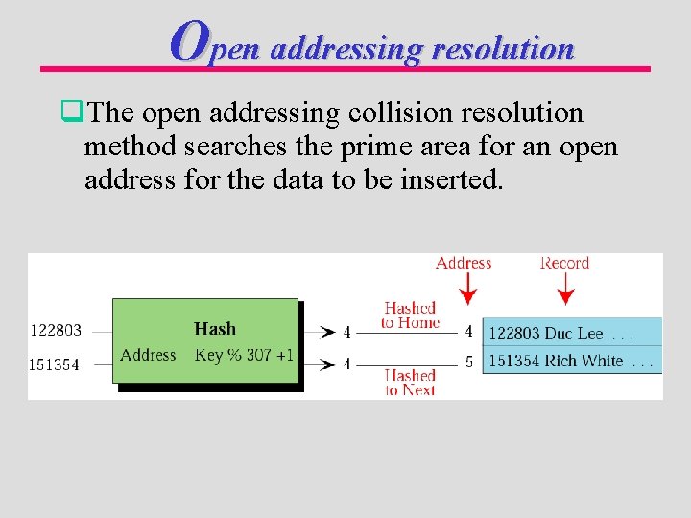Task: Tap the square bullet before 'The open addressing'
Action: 68,113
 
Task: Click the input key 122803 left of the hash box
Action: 57,330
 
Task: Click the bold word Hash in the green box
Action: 215,329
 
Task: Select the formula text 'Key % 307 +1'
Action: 244,355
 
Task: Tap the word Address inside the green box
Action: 148,355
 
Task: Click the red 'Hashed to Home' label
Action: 410,316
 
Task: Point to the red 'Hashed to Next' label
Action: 410,383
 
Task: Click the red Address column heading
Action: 464,263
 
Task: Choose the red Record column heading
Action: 565,263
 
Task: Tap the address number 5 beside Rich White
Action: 468,362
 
